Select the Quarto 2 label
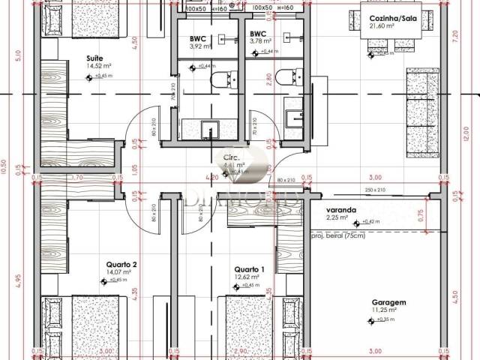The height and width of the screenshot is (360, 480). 121,265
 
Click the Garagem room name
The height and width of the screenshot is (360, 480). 388,303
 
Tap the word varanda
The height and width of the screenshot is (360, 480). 340,210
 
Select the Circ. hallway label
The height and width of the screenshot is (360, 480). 232,157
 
